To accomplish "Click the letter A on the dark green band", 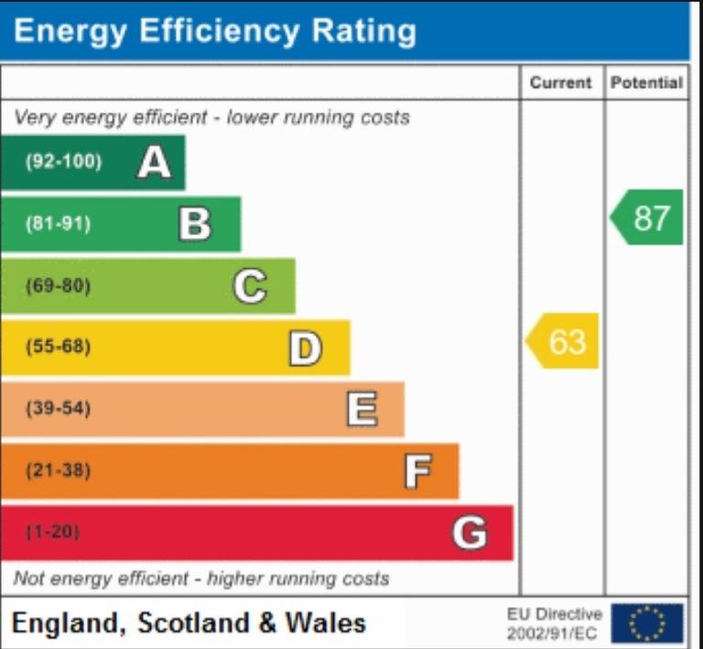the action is [x=155, y=163].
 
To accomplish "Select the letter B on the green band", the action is [x=195, y=223].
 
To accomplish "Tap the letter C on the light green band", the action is [x=250, y=286].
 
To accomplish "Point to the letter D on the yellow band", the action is [x=306, y=348].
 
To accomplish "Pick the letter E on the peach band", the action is [x=362, y=409].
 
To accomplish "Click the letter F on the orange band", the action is [x=417, y=471].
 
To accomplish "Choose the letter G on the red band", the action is [x=470, y=533].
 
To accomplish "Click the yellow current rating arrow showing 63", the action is [x=562, y=341].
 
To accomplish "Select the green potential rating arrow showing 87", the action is [x=646, y=217].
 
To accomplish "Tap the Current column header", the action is [x=560, y=82].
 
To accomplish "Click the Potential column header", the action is [x=646, y=82].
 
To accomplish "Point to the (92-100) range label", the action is [x=64, y=161].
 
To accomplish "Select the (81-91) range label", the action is [x=59, y=223].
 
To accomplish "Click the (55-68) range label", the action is [x=59, y=346].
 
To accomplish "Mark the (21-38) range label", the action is [x=59, y=471].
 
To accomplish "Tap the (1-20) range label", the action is [x=53, y=532].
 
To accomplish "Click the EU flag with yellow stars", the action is [x=647, y=623].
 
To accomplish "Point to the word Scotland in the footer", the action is [x=193, y=623].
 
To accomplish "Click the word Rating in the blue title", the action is [x=363, y=32].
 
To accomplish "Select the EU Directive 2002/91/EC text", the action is [x=554, y=623].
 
